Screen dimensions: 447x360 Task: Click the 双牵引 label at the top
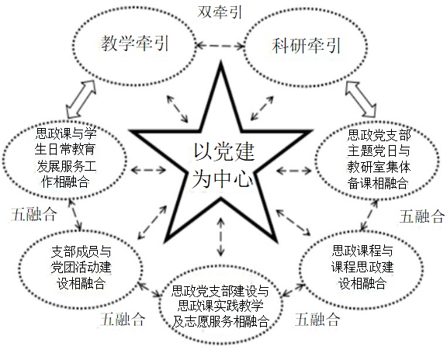[x=220, y=12]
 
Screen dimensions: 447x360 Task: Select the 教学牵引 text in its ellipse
[x=135, y=43]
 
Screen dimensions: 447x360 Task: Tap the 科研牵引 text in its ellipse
[x=307, y=45]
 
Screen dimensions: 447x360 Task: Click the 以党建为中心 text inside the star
[x=223, y=165]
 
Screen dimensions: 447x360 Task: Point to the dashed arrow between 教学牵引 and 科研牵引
[x=220, y=45]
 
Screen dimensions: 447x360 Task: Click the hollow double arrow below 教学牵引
[x=81, y=99]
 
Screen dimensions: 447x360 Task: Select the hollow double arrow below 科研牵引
[x=361, y=99]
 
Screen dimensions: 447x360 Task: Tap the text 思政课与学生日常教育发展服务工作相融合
[x=65, y=157]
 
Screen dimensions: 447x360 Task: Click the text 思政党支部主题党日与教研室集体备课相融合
[x=379, y=159]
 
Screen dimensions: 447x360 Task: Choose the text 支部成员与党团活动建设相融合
[x=81, y=268]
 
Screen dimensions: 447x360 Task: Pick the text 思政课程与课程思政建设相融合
[x=362, y=267]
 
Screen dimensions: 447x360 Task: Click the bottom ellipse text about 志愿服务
[x=220, y=306]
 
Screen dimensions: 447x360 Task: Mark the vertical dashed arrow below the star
[x=220, y=237]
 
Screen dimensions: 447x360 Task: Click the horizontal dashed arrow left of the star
[x=148, y=170]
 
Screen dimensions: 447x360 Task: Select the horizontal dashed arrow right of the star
[x=294, y=171]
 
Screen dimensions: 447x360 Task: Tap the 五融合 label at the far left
[x=34, y=214]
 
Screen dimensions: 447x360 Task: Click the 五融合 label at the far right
[x=422, y=216]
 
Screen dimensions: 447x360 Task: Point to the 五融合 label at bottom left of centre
[x=123, y=319]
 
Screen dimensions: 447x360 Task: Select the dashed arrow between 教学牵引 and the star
[x=177, y=109]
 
